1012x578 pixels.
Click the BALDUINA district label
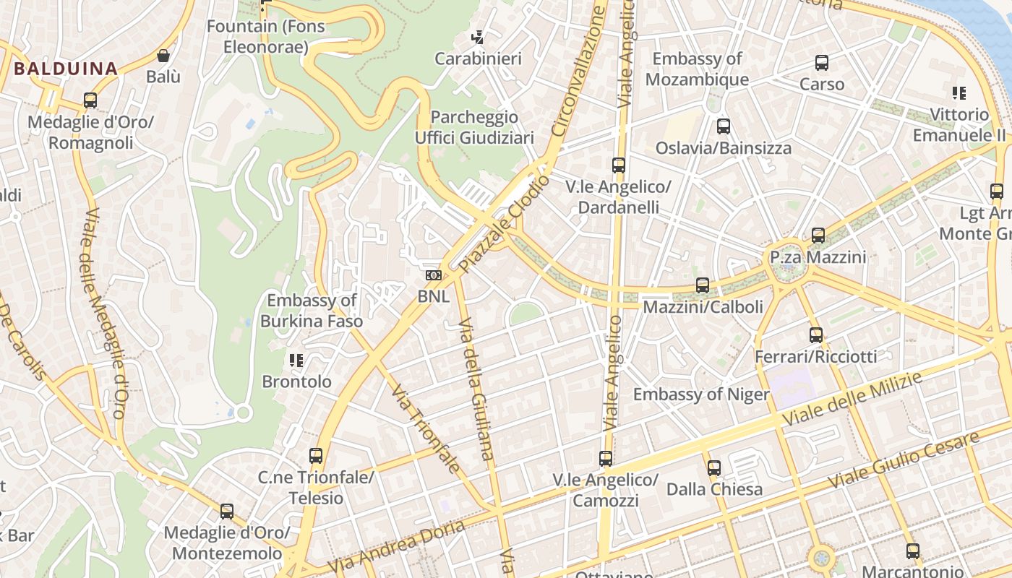coord(65,69)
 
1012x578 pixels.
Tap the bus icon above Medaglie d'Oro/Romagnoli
coord(90,100)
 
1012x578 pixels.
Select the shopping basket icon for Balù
coord(163,56)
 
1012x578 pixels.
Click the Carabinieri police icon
coord(477,37)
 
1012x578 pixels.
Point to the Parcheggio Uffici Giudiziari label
coord(474,127)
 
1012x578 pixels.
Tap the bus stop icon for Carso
coord(822,63)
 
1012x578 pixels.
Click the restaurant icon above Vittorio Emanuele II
coord(959,93)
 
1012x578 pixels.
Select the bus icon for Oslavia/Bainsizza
coord(724,127)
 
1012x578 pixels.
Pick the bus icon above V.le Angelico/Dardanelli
coord(618,165)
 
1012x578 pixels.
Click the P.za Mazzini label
coord(818,257)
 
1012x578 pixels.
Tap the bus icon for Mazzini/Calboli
coord(703,285)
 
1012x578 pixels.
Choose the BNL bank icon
coord(433,275)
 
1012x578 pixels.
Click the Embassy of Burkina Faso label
coord(312,311)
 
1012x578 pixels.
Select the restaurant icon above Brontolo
coord(296,360)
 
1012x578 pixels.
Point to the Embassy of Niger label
coord(701,394)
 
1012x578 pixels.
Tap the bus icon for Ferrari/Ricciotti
coord(816,335)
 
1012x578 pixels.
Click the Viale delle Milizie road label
coord(853,399)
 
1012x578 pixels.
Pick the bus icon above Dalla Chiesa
coord(714,468)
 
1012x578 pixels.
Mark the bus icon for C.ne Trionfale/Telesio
coord(316,456)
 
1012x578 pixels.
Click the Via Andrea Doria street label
coord(396,546)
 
